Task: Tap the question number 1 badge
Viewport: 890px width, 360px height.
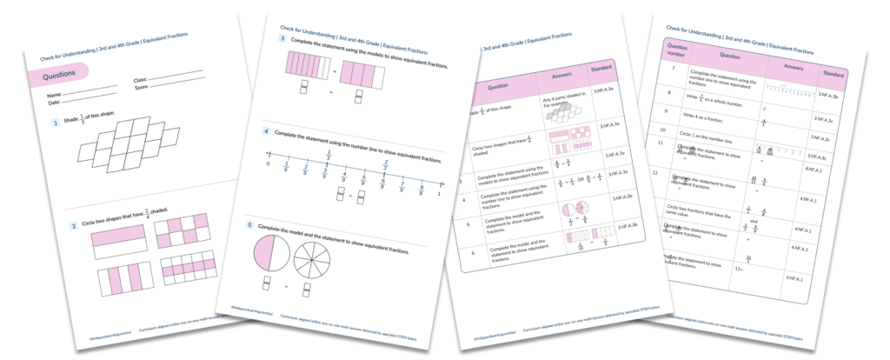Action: pyautogui.click(x=54, y=123)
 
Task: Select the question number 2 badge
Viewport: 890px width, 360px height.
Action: pyautogui.click(x=75, y=224)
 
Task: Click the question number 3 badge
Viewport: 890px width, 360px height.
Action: pyautogui.click(x=280, y=40)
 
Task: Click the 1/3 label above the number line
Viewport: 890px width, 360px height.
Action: pyautogui.click(x=328, y=157)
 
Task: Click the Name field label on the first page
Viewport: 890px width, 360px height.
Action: pyautogui.click(x=54, y=93)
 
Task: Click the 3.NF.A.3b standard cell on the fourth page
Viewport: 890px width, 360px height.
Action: pyautogui.click(x=831, y=96)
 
